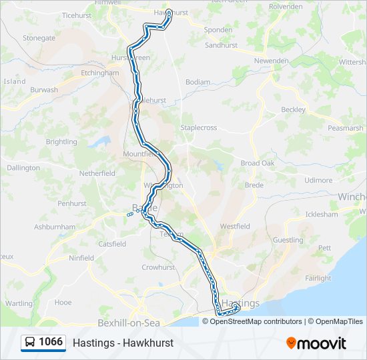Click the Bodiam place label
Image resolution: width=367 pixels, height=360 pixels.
click(198, 82)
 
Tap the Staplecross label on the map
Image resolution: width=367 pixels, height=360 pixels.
click(199, 127)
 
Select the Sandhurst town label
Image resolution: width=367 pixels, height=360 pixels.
click(222, 45)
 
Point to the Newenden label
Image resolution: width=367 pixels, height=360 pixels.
click(271, 61)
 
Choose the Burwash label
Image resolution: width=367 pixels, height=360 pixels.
click(44, 89)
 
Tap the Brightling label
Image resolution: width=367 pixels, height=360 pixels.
click(61, 142)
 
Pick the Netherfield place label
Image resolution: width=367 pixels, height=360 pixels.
click(97, 173)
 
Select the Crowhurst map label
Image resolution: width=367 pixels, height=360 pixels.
click(157, 267)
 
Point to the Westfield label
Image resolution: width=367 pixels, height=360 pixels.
click(235, 227)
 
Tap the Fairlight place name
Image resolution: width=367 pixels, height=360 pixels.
click(318, 278)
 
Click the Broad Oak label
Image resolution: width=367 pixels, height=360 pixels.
click(258, 163)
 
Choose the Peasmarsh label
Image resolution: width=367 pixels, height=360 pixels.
click(345, 128)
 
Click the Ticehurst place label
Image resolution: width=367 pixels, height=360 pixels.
click(78, 15)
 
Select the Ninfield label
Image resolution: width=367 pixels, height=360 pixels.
click(81, 258)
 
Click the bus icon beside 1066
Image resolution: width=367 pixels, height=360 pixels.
click(29, 343)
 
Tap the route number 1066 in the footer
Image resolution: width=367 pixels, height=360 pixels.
click(51, 342)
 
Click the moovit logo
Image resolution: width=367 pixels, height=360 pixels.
click(316, 343)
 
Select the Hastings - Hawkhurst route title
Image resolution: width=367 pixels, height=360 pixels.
click(123, 343)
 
